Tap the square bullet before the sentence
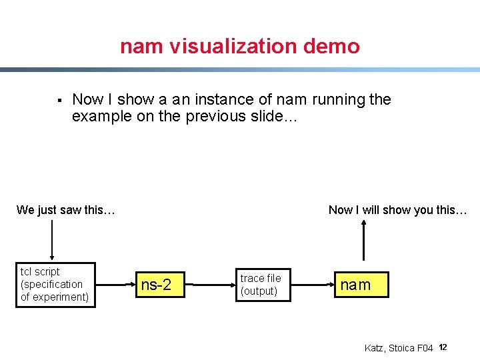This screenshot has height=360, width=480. tap(59, 101)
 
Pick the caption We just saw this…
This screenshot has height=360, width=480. tap(66, 210)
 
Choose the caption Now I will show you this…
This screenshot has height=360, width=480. tap(398, 210)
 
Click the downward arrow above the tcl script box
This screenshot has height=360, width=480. tap(51, 240)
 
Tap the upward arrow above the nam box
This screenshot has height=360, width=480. tap(363, 240)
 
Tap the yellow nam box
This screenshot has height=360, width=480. tap(355, 285)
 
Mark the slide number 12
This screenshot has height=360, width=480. tap(443, 347)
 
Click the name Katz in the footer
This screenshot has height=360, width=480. tap(375, 348)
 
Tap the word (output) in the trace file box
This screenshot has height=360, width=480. tap(259, 291)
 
